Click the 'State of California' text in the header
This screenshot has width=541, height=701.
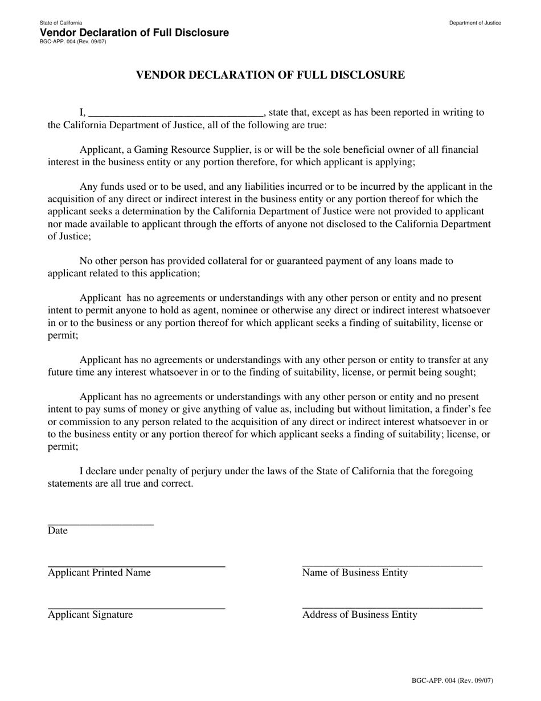point(61,23)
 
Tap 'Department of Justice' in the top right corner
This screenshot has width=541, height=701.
point(475,23)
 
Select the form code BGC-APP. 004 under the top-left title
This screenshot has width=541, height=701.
point(72,42)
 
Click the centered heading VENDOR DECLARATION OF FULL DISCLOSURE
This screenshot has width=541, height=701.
point(270,75)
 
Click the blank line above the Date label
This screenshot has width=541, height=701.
point(101,523)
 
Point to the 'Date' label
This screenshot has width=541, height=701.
point(58,531)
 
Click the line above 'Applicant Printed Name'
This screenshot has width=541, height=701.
point(136,565)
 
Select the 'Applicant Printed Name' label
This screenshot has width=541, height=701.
point(99,573)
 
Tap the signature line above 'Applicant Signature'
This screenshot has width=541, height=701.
point(136,608)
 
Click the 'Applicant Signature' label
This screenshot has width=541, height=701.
point(90,615)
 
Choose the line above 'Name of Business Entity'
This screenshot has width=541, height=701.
point(392,565)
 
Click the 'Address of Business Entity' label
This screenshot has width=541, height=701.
point(359,615)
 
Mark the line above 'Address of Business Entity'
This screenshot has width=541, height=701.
point(392,608)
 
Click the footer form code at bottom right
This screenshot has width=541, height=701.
point(452,680)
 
